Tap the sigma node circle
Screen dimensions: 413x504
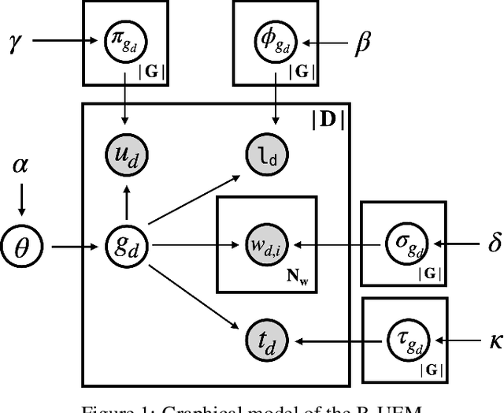[x=402, y=244]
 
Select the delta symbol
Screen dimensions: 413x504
[x=493, y=244]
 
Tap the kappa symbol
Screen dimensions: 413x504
[x=493, y=341]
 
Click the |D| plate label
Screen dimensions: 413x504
[x=328, y=121]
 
